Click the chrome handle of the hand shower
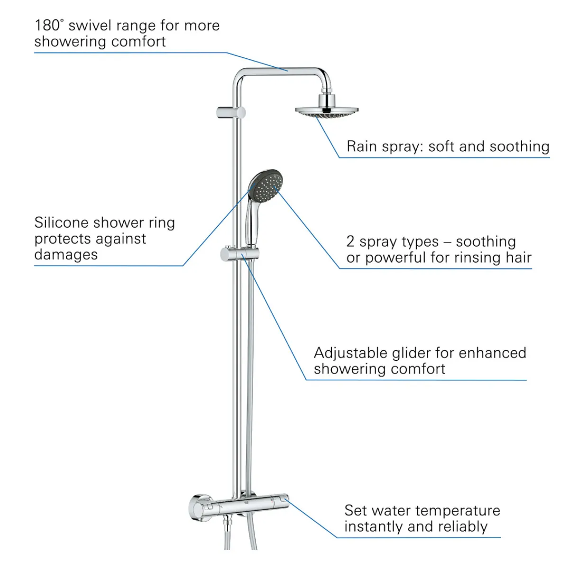coord(252,226)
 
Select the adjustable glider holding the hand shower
coord(240,255)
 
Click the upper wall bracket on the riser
coord(231,113)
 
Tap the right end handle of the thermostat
coord(281,503)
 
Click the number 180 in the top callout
coord(47,26)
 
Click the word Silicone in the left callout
coord(62,223)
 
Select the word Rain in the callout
coord(362,147)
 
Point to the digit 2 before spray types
coord(350,242)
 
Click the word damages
coord(66,255)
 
